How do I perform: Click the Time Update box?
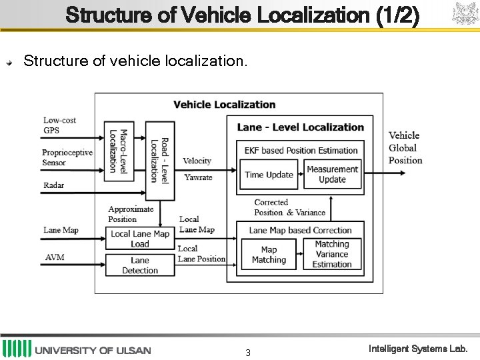[269, 175]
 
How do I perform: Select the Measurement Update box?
[332, 174]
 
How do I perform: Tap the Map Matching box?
[269, 255]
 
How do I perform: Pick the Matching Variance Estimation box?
[332, 254]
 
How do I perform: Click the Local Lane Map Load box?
[140, 239]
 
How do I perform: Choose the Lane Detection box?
[140, 265]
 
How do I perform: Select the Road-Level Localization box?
[159, 161]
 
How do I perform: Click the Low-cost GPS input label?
[60, 125]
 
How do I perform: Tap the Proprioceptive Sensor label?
[67, 157]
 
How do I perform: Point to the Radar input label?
[54, 185]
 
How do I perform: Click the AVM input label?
[55, 257]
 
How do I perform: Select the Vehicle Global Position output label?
[405, 148]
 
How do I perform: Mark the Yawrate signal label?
[198, 177]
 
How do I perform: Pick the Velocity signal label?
[197, 161]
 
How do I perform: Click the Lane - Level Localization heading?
[300, 127]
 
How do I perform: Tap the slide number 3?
[247, 353]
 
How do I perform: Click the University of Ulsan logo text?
[93, 350]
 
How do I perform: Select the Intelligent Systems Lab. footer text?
[418, 349]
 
